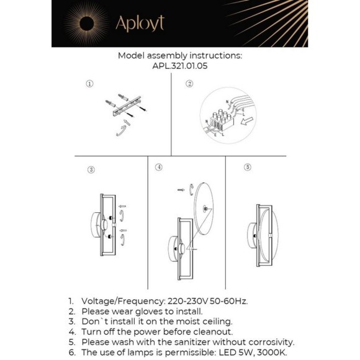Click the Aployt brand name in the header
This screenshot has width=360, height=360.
pos(140,24)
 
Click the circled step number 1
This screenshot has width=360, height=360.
pos(90,83)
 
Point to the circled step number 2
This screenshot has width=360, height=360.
pos(190,84)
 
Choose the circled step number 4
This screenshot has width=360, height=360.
pos(159,168)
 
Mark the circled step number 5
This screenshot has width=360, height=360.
pos(248,167)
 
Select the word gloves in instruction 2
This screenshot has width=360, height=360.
pos(146,311)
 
